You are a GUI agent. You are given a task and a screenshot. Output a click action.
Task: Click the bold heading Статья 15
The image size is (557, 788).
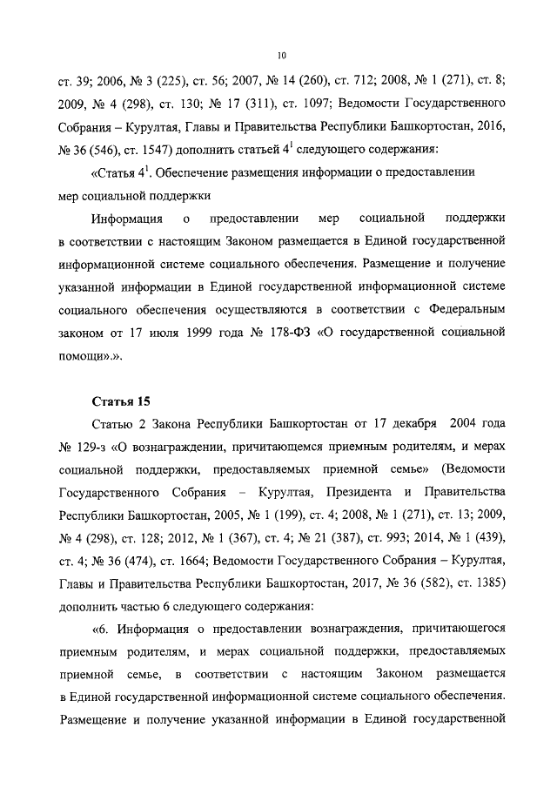click(121, 401)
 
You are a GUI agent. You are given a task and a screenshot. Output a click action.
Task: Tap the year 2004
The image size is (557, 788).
click(478, 424)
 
